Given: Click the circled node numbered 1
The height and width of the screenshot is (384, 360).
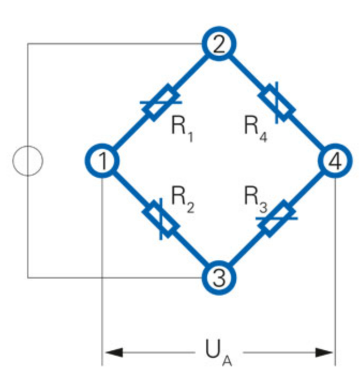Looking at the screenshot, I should (101, 160).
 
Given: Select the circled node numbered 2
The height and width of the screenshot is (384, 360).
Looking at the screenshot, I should (218, 43).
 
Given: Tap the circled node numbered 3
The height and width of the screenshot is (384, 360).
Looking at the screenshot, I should (219, 277).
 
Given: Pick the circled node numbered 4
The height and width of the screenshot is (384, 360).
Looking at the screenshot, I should (335, 160).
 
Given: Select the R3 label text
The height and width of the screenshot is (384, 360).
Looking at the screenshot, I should (256, 197).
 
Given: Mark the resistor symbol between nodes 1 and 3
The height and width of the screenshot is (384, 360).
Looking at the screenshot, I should (160, 219).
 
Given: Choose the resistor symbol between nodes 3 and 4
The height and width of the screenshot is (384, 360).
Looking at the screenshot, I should (276, 219).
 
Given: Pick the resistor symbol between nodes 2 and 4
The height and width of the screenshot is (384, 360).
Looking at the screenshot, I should (276, 102).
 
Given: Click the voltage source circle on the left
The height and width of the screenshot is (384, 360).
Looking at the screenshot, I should (27, 161).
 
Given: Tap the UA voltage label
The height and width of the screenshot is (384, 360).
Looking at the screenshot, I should (217, 353).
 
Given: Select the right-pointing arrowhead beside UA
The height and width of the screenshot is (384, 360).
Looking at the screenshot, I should (324, 352).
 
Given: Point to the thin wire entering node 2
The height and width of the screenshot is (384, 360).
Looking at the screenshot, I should (118, 43).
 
